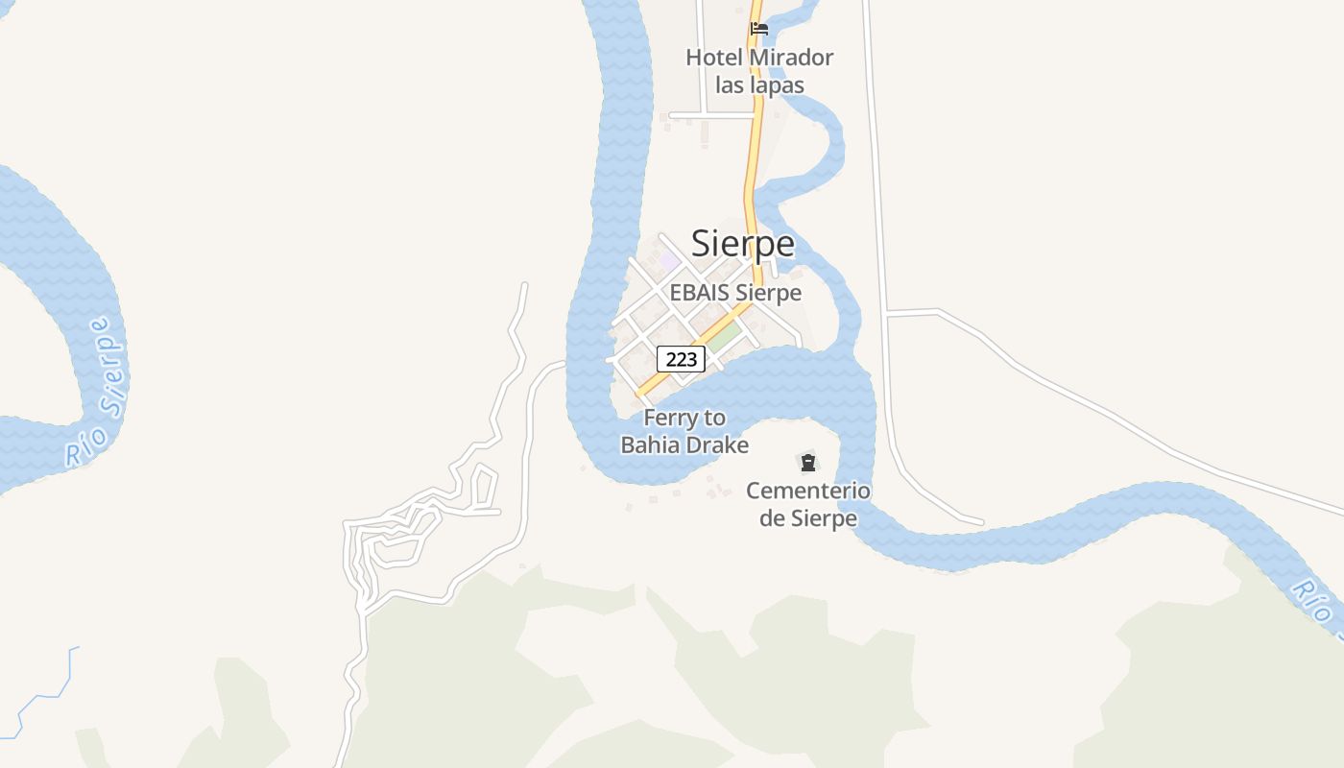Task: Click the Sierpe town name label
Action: (x=743, y=244)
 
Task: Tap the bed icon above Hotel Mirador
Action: (x=759, y=28)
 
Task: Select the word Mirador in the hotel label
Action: (x=791, y=58)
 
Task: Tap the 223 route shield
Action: (x=681, y=360)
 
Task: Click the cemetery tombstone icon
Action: (x=808, y=463)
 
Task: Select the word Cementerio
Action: (x=808, y=492)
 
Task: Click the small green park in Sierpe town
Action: (x=725, y=336)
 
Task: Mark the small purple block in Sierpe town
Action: (x=669, y=260)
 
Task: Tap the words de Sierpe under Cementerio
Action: (x=808, y=519)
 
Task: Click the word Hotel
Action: (x=714, y=58)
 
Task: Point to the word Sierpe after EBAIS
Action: (x=768, y=293)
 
